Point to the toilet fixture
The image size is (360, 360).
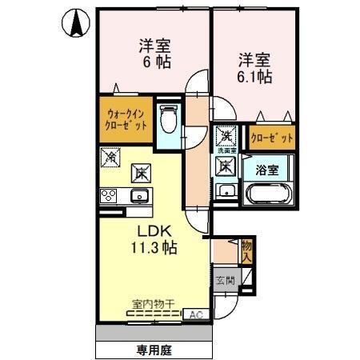(x=168, y=121)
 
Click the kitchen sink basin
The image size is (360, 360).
(x=140, y=195)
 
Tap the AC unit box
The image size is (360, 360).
(x=195, y=314)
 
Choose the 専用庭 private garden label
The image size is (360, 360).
(x=154, y=350)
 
